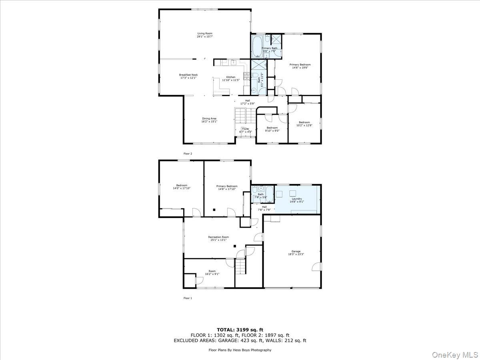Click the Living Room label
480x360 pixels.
point(204,35)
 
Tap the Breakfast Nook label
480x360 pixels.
point(188,76)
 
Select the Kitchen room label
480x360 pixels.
point(231,78)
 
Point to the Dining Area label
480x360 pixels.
point(209,120)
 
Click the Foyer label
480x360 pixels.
point(245,130)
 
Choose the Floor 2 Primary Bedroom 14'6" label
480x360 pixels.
point(300,66)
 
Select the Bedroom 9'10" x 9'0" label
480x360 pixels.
point(272,129)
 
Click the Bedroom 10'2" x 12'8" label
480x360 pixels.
point(304,124)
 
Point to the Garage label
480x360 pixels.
point(296,253)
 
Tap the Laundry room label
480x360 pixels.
point(297,200)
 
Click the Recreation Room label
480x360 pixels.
point(218,238)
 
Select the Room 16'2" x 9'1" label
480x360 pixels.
point(212,272)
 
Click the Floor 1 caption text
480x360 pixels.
point(188,298)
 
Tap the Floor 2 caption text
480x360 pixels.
point(188,154)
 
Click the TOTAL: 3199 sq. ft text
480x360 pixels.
point(240,329)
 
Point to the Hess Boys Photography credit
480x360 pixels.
point(240,350)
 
